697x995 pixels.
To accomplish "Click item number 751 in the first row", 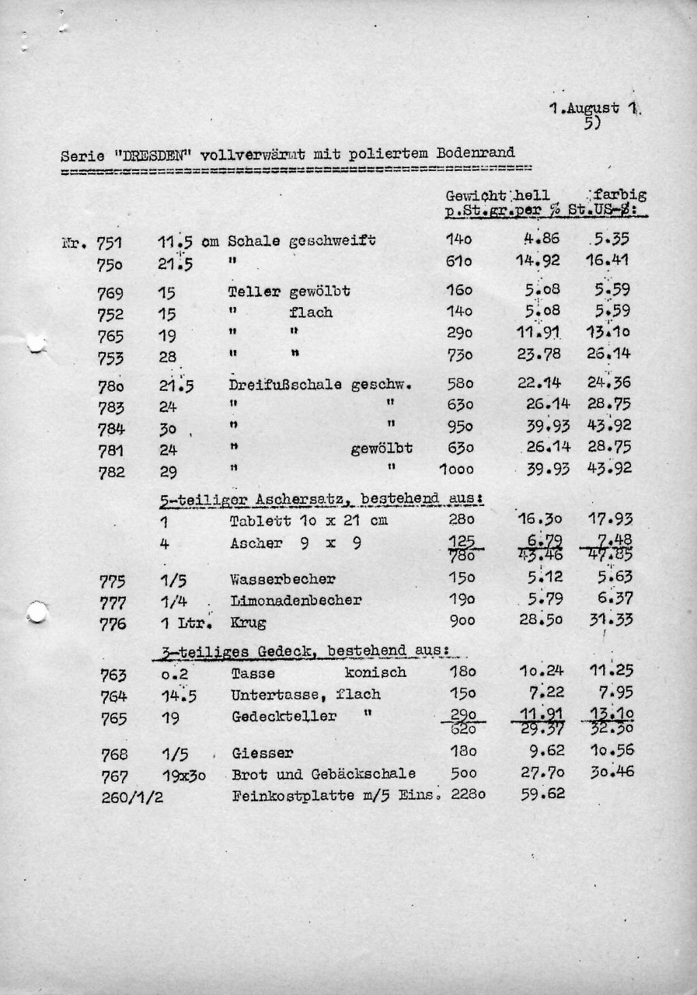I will pos(110,244).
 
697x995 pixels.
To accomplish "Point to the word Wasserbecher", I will pos(282,580).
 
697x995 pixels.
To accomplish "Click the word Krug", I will pos(248,622).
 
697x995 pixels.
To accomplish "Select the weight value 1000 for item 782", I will pos(456,469).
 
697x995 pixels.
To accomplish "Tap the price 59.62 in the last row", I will pos(542,793).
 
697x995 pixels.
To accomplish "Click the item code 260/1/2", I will pos(132,797).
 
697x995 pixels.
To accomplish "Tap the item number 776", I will pos(112,624).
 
